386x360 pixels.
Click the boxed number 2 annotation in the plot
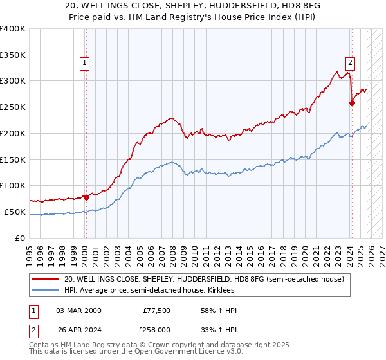click(x=350, y=63)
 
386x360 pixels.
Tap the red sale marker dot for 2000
click(x=86, y=197)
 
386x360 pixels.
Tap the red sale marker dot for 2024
click(x=352, y=103)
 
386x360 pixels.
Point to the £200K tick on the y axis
click(x=12, y=133)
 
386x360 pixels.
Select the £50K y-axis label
click(x=14, y=212)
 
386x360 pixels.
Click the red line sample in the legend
click(x=46, y=279)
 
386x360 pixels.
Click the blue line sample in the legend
click(x=46, y=291)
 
